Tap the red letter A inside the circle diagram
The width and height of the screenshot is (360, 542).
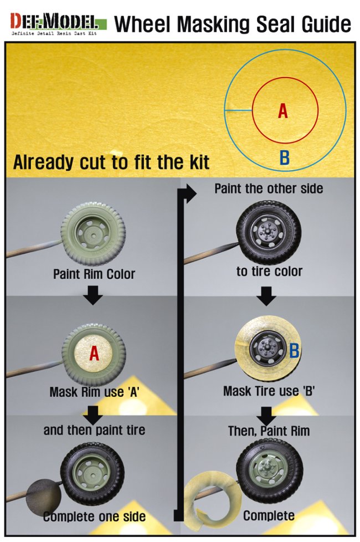tap(283, 111)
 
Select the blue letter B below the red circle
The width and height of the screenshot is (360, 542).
tap(284, 157)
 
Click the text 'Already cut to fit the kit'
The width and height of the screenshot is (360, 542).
tap(111, 162)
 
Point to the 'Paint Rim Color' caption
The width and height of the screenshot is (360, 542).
tap(94, 274)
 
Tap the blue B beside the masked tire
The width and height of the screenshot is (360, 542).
tap(294, 350)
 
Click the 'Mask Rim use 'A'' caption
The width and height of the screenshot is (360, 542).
tap(94, 392)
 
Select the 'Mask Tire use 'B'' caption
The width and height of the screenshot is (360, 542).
tap(269, 391)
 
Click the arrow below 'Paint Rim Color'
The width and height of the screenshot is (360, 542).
tap(93, 295)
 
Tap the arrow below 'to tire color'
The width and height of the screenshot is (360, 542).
tap(266, 296)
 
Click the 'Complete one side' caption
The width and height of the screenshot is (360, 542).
tap(94, 517)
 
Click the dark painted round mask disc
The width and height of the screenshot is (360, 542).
tap(44, 497)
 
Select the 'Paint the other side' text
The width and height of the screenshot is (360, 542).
tap(269, 189)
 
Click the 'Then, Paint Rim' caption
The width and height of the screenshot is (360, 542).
tap(269, 431)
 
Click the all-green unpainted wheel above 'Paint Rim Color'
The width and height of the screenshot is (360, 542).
tap(93, 235)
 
